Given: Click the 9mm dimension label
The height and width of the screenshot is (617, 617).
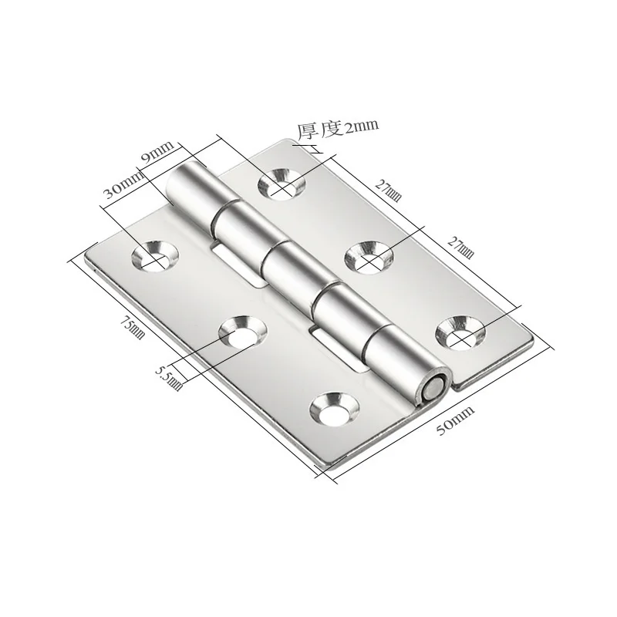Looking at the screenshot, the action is (157, 152).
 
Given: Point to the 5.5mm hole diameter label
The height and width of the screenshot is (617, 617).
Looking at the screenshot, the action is (169, 378).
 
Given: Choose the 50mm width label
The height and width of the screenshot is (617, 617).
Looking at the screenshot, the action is (455, 420).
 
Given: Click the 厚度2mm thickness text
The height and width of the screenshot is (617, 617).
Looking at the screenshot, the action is (338, 129).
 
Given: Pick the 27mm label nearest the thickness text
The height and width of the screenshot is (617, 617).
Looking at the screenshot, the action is (389, 190).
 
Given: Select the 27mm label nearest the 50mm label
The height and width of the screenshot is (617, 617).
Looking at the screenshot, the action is (460, 248).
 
